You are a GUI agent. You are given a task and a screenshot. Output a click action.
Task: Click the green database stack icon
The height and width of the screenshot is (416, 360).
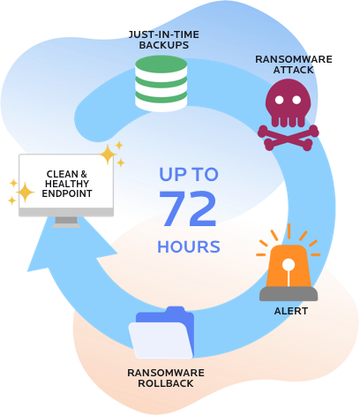click(x=161, y=83)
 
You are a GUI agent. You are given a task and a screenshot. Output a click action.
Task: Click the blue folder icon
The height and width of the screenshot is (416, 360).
click(x=161, y=333)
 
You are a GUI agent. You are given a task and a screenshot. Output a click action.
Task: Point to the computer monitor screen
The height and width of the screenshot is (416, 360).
click(x=67, y=182)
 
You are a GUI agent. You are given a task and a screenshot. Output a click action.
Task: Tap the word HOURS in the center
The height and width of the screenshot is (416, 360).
click(x=189, y=246)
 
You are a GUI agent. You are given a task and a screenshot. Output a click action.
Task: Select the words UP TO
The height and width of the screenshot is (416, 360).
click(x=189, y=174)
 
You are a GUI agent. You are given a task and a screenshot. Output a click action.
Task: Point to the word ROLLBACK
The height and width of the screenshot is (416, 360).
click(x=161, y=383)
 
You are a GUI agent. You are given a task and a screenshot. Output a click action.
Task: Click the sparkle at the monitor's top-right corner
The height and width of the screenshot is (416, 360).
click(x=109, y=155)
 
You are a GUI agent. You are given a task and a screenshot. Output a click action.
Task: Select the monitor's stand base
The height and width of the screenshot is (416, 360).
click(x=67, y=224)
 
